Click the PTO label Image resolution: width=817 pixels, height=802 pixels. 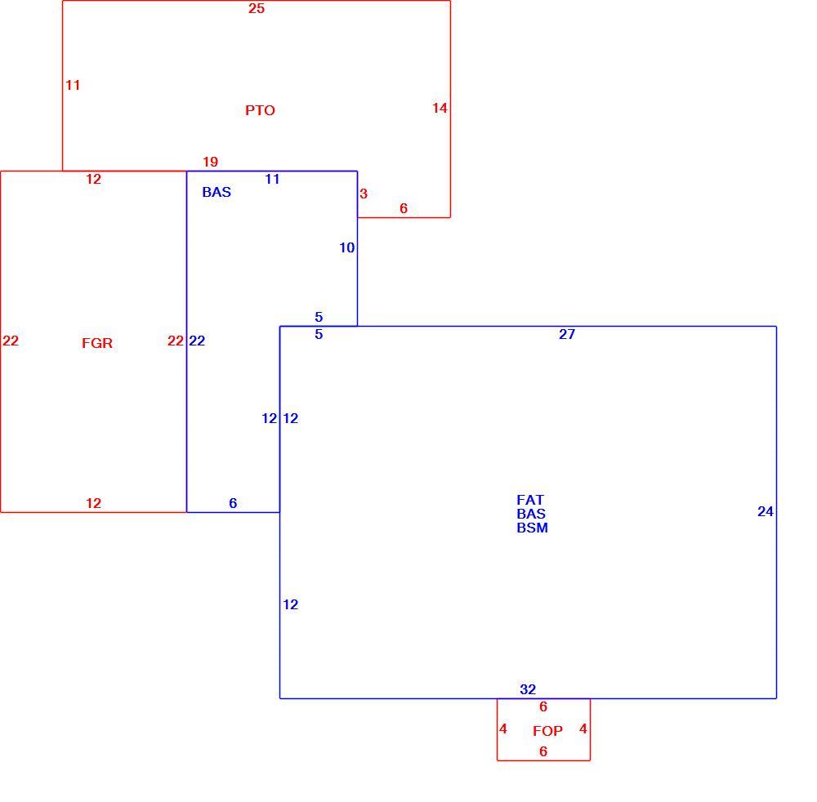click(x=260, y=110)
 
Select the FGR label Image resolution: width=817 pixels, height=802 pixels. click(x=97, y=343)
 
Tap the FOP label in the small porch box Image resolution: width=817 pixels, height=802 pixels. click(x=547, y=731)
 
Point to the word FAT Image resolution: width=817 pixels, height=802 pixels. click(x=530, y=500)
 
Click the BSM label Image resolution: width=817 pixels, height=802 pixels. click(x=532, y=528)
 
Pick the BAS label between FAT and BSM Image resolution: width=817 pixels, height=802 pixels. click(x=531, y=514)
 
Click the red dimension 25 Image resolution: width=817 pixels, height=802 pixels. click(x=257, y=8)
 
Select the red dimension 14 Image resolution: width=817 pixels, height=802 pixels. click(x=440, y=108)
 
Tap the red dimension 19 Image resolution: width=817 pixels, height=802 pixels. click(x=211, y=162)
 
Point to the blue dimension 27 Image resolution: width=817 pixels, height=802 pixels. click(x=567, y=334)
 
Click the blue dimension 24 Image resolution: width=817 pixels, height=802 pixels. click(x=766, y=512)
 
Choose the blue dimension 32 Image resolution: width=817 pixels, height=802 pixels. click(x=528, y=689)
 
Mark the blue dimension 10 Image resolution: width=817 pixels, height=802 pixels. click(x=347, y=248)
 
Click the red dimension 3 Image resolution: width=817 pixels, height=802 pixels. click(x=364, y=194)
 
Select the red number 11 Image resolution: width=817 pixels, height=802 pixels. click(x=73, y=85)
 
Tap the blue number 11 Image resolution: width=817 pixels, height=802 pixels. click(x=273, y=179)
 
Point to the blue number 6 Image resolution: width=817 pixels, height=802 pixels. click(x=233, y=503)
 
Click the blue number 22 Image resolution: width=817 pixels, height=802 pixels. click(x=197, y=341)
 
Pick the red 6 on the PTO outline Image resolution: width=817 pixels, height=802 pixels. click(x=404, y=208)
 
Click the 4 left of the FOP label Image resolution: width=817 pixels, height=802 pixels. click(x=502, y=728)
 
